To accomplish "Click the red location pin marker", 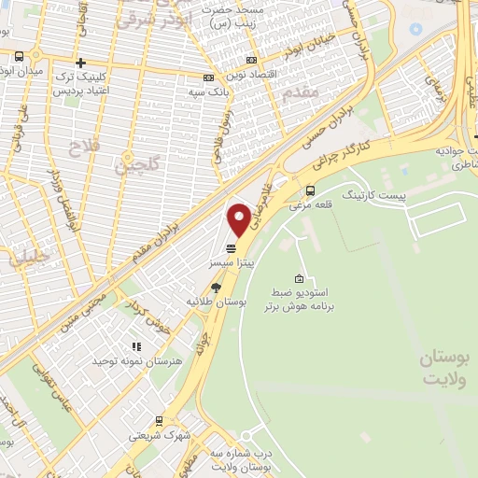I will [x=239, y=218].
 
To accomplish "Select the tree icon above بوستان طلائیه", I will [x=217, y=288].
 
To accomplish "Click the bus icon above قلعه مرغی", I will [x=311, y=190].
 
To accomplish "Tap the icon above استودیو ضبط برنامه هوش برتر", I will [x=299, y=278].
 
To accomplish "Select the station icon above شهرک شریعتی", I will [x=159, y=420].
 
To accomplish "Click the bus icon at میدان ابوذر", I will [x=21, y=57].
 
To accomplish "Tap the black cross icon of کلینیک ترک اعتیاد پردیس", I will [x=80, y=62].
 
